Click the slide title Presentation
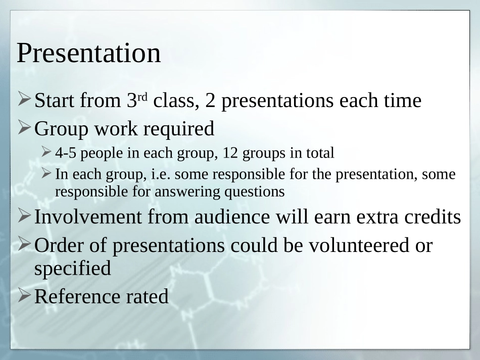click(x=88, y=53)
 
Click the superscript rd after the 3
click(x=142, y=97)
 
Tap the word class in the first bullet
click(x=174, y=100)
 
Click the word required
click(x=179, y=129)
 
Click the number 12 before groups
click(x=230, y=153)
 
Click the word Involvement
click(x=88, y=217)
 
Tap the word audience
click(x=232, y=217)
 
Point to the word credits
click(x=433, y=217)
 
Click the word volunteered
click(x=358, y=245)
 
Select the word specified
click(x=73, y=269)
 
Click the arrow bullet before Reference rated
click(x=24, y=295)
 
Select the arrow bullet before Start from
click(x=24, y=99)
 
